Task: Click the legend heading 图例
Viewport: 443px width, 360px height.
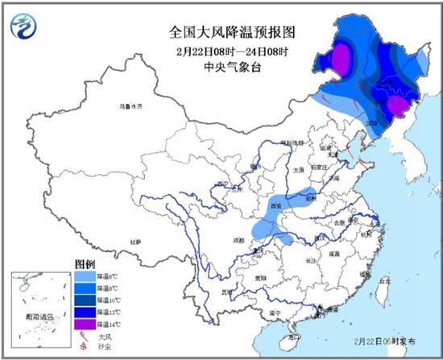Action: tap(85, 263)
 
